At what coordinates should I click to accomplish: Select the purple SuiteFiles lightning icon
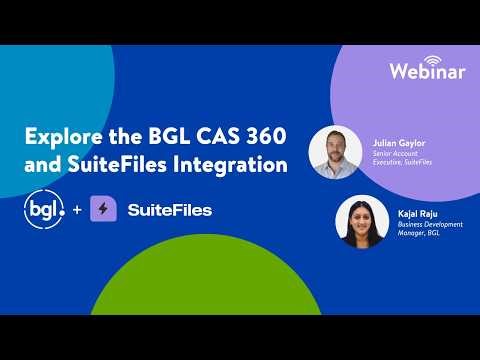(x=104, y=211)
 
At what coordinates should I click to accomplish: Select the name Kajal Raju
(x=413, y=213)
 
